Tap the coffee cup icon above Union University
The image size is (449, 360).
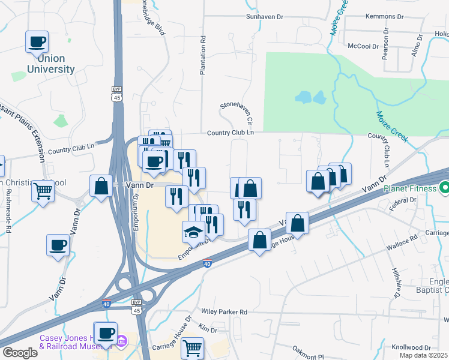(x=37, y=43)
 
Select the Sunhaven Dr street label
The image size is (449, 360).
(x=265, y=17)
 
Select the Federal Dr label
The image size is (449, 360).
(x=403, y=204)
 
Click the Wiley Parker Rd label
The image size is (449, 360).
(x=224, y=312)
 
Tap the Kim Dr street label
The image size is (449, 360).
(x=207, y=329)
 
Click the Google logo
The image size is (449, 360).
(x=20, y=353)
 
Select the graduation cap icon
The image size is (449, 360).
(x=193, y=232)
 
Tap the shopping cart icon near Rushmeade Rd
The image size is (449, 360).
(x=43, y=191)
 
